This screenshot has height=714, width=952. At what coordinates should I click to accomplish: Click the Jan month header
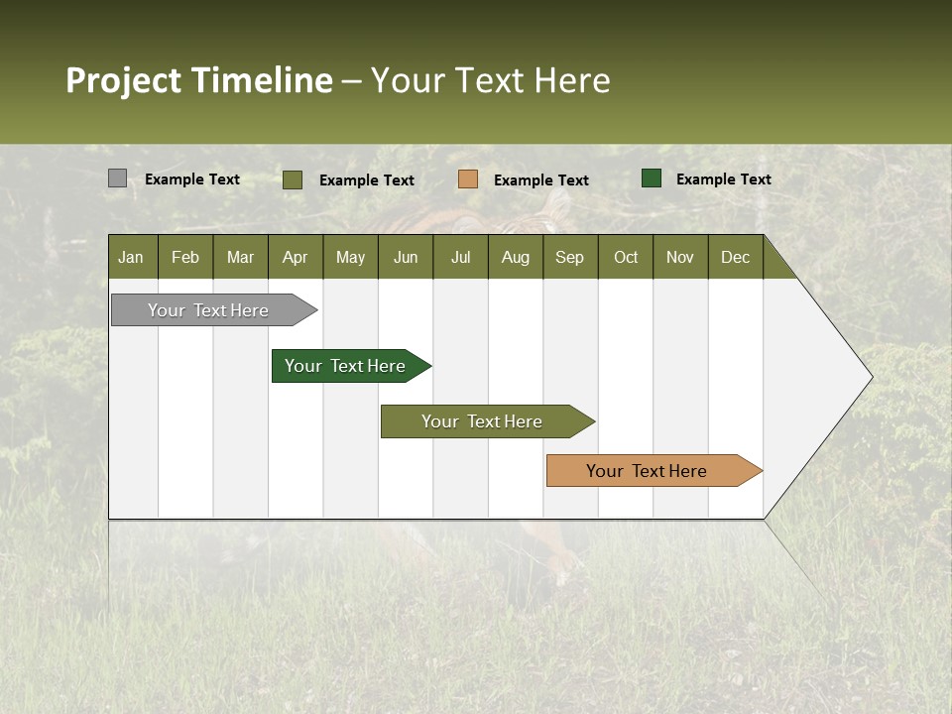pos(131,257)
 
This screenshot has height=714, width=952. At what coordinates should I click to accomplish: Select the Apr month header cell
pos(295,257)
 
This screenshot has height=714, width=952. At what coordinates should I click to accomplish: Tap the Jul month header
pos(460,257)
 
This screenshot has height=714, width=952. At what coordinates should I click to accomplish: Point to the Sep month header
pos(569,257)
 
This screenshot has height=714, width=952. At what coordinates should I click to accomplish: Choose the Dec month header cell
pos(735,257)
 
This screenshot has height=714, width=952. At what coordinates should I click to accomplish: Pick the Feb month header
pos(185,257)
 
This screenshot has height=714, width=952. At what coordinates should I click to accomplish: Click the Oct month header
pos(626,257)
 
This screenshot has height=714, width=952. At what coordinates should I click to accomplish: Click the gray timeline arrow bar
pos(209,310)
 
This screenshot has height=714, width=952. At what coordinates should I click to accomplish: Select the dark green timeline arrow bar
pos(346,366)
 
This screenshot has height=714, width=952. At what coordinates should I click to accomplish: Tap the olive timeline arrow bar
pos(482,421)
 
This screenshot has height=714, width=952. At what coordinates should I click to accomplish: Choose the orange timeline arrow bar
pos(647,471)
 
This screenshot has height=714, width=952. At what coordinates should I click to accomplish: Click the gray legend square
pos(117,178)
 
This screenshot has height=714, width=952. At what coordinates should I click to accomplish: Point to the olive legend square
pos(293,179)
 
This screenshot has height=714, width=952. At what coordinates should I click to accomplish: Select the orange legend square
pos(468,179)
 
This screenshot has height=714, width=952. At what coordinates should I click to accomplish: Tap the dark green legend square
pos(652,178)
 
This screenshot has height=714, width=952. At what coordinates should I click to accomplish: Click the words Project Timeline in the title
pos(198,80)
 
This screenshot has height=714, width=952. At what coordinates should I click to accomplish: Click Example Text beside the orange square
pos(540,180)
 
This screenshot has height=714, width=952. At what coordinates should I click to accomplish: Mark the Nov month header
pos(680,257)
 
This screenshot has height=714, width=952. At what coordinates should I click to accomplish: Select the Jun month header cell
pos(406,257)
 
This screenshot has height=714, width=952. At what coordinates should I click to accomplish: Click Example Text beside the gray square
pos(192,179)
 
